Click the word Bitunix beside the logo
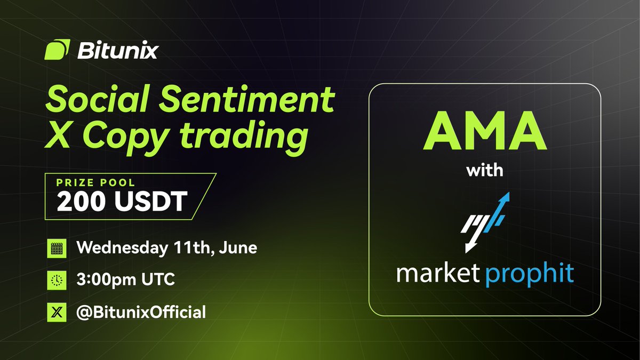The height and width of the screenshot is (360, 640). [x=117, y=51]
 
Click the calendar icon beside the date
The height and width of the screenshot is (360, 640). [x=57, y=249]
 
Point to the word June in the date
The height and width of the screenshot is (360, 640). [x=239, y=249]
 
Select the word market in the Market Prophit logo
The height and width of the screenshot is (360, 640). [x=438, y=274]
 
